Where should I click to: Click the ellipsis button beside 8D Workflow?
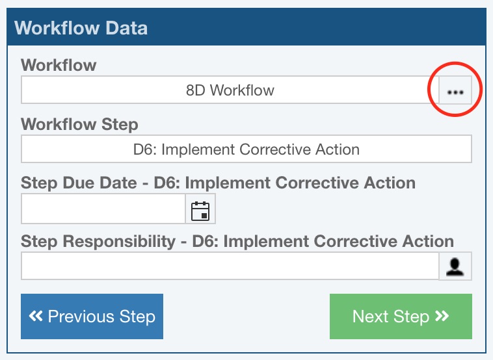coord(455,90)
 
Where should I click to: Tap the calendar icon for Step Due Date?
coord(200,211)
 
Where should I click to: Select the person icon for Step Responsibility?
coord(455,266)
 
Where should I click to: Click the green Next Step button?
coord(401,316)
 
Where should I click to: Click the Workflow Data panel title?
coord(81,28)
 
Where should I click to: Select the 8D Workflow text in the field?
coord(230,90)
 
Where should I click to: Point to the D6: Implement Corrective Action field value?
coord(246,149)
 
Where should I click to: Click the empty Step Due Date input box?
coord(103,209)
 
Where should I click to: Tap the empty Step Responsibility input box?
coord(230,266)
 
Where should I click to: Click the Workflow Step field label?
coord(79,124)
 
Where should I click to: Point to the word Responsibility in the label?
coord(119,242)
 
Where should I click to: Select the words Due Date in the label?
coord(100,183)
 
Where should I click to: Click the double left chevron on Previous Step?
coord(36,316)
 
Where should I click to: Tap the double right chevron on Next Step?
coord(442,316)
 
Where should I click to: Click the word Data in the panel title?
coord(126,28)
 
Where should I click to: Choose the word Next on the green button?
coord(370,316)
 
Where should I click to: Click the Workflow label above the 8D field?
coord(59,65)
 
